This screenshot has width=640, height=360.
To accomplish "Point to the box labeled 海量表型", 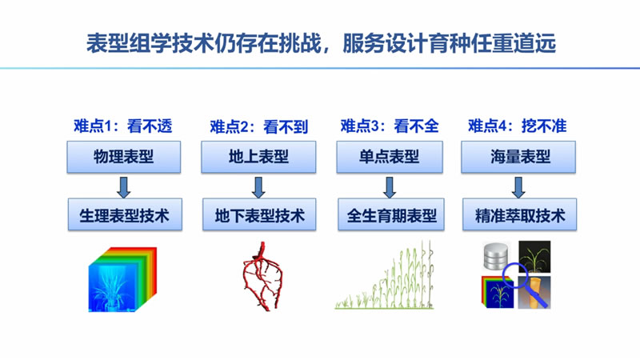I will [517, 157].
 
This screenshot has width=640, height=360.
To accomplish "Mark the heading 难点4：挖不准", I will [517, 126].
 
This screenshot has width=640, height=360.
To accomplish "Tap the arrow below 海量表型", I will [518, 186].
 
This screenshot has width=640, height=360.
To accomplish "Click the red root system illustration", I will [261, 277].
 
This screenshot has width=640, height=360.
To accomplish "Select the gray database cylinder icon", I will [496, 256].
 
